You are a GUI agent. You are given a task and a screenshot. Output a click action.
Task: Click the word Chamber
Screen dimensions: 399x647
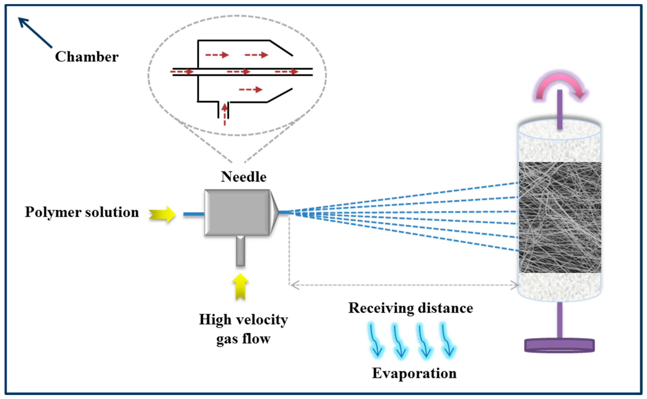point(87,57)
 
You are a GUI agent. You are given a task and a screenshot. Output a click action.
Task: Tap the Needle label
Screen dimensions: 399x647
point(243,177)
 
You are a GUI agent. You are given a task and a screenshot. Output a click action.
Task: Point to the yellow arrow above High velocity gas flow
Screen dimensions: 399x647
point(240,287)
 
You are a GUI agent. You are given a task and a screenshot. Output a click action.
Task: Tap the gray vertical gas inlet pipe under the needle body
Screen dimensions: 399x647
point(240,251)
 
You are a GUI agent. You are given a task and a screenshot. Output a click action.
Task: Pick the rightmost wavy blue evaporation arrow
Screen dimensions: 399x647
point(447,339)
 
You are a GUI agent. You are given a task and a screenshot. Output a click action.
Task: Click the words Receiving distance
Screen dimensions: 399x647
point(411,308)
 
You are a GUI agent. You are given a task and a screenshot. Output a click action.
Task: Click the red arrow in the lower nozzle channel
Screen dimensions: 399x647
point(250,90)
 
